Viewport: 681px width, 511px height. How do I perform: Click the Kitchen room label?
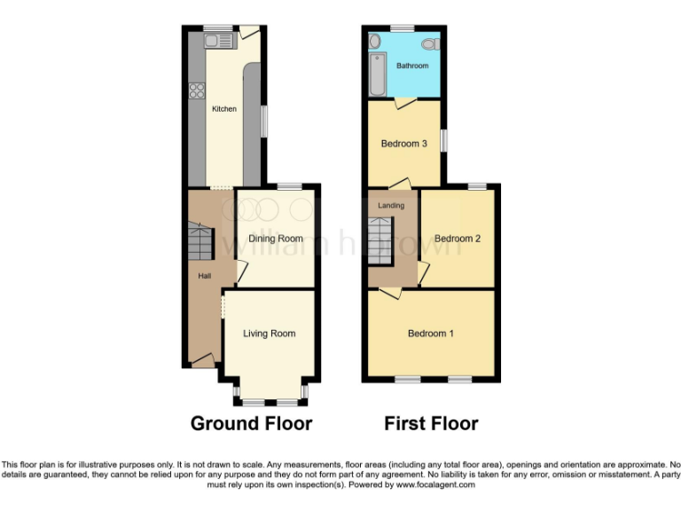pyautogui.click(x=224, y=109)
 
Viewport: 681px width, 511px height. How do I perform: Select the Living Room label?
pyautogui.click(x=270, y=334)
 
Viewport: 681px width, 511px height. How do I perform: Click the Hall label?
pyautogui.click(x=204, y=277)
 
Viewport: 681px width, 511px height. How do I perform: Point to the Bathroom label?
pyautogui.click(x=412, y=66)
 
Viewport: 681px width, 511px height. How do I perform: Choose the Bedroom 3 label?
pyautogui.click(x=404, y=144)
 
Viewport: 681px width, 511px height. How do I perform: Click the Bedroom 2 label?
pyautogui.click(x=458, y=238)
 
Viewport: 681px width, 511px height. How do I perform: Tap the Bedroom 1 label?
pyautogui.click(x=431, y=334)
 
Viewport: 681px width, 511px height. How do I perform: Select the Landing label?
pyautogui.click(x=391, y=205)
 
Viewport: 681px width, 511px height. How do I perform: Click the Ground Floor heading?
pyautogui.click(x=251, y=423)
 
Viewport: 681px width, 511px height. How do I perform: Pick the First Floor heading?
pyautogui.click(x=431, y=423)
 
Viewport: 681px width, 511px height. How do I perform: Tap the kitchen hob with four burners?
pyautogui.click(x=196, y=90)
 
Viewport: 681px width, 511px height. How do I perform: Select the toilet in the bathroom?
pyautogui.click(x=432, y=43)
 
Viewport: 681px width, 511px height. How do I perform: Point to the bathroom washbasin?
pyautogui.click(x=374, y=41)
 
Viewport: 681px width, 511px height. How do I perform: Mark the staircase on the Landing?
pyautogui.click(x=380, y=239)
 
